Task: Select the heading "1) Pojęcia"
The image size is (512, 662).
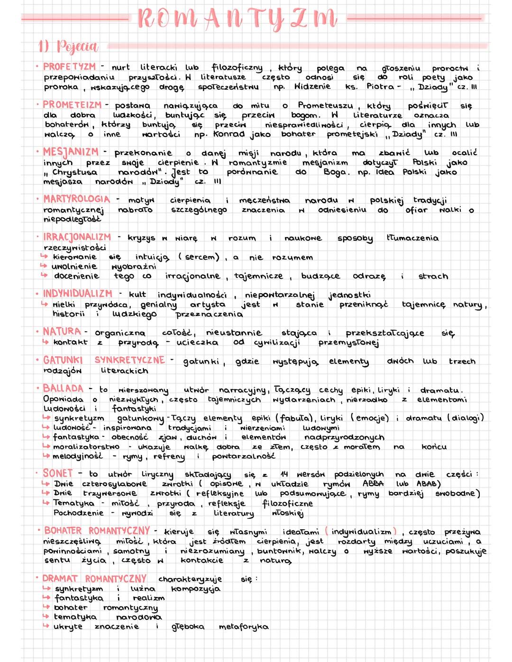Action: click(68, 46)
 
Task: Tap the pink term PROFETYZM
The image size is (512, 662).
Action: click(69, 67)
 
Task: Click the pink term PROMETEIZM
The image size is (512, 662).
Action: click(72, 105)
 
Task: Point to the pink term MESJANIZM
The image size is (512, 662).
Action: click(71, 152)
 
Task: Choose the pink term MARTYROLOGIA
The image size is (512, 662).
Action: click(76, 199)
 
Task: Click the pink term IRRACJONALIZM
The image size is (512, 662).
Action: click(77, 237)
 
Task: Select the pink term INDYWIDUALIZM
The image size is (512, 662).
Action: click(78, 294)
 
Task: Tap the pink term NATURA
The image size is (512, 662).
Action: click(62, 332)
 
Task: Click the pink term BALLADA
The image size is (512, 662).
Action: click(63, 389)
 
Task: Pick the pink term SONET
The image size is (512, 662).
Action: click(57, 473)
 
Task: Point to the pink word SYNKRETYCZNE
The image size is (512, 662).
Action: click(129, 360)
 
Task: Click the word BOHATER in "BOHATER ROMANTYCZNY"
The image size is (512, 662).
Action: click(63, 531)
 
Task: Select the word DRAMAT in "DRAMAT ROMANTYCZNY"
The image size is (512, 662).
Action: click(60, 579)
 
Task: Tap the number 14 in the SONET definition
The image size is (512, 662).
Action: click(284, 474)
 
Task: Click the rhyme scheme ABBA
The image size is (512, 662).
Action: click(373, 484)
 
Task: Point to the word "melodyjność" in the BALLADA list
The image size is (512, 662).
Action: click(77, 456)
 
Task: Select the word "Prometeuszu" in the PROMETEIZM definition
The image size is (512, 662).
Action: click(325, 105)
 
